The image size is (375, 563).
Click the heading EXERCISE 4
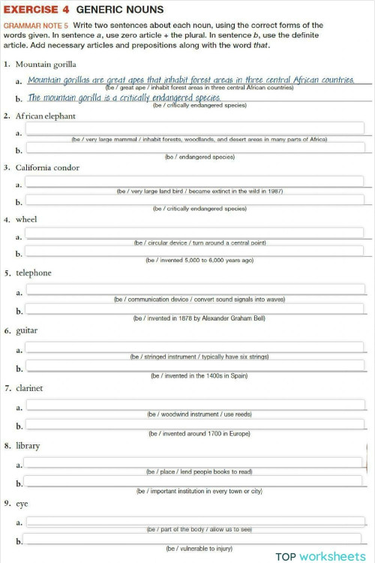click(x=35, y=10)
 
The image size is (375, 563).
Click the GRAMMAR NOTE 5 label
click(x=35, y=26)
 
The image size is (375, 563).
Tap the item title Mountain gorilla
click(x=45, y=65)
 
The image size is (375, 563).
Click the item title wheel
click(x=26, y=219)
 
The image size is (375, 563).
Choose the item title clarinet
click(x=30, y=388)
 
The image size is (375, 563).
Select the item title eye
click(x=22, y=504)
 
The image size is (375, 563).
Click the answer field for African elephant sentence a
click(x=195, y=130)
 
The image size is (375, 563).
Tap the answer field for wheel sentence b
click(x=195, y=252)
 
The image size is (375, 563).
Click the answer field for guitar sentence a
click(x=195, y=348)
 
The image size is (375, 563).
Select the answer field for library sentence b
click(x=195, y=482)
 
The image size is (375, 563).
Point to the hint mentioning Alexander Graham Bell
click(x=199, y=318)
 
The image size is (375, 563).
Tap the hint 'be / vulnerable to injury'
click(x=199, y=549)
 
